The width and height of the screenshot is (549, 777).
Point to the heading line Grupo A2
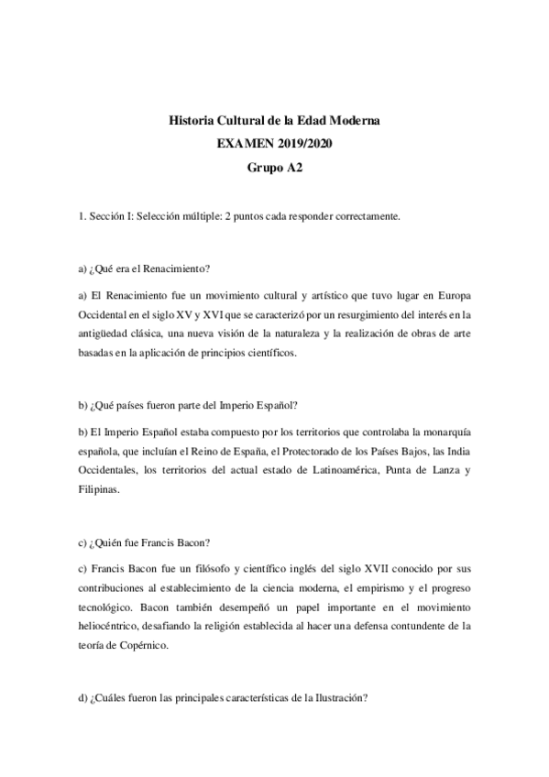[275, 168]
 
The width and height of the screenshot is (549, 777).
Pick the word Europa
[447, 295]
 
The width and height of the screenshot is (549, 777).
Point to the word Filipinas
[100, 490]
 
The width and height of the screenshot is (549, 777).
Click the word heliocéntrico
[115, 626]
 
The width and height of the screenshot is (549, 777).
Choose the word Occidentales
[109, 471]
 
